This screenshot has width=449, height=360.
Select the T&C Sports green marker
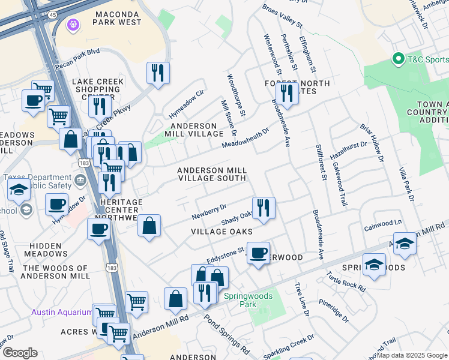point(397,59)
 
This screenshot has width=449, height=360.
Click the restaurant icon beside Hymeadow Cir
point(158,73)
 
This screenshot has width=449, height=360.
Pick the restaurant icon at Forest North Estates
point(287,93)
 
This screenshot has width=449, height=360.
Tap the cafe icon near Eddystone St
point(258,252)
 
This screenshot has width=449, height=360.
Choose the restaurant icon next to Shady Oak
point(264,208)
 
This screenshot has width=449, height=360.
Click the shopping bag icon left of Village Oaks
point(149,226)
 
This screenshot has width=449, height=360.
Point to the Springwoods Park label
point(248,300)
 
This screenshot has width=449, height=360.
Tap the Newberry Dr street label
point(209,211)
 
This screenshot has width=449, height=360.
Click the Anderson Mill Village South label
point(211,175)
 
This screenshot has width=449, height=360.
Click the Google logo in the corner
point(20,353)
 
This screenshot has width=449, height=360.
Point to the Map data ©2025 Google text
point(412,355)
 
